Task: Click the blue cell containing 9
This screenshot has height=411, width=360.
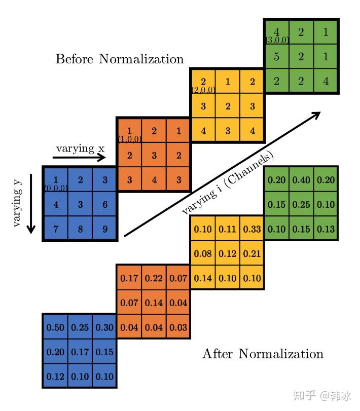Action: point(104,229)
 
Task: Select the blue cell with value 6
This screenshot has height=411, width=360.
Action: point(104,204)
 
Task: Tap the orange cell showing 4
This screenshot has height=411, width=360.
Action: point(154,180)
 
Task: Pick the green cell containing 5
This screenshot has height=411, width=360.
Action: point(276,57)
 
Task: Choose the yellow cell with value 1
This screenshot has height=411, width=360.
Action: point(228,82)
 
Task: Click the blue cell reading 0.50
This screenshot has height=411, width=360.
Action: point(55,327)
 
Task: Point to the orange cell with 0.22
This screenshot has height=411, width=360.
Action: point(154,278)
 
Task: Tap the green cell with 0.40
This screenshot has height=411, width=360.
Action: point(301,180)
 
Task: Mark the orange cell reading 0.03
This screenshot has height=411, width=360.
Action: point(178,327)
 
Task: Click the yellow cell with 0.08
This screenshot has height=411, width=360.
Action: point(203,253)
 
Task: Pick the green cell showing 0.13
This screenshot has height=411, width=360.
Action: point(325,229)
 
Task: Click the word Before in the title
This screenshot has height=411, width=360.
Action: point(75,59)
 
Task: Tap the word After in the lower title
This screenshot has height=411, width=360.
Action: point(218,353)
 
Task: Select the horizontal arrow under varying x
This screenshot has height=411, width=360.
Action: point(79,158)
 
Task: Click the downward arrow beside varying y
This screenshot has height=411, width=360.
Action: point(31,203)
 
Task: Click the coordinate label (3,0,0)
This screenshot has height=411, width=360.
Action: point(277,39)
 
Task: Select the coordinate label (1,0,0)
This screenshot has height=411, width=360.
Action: point(129,138)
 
